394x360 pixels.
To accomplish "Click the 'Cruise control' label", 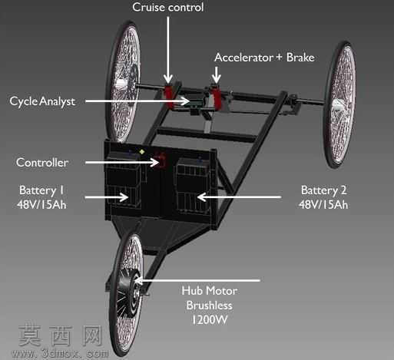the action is (168, 7).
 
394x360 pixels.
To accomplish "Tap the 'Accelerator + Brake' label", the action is (264, 58).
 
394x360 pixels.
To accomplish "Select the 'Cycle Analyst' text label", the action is (42, 101).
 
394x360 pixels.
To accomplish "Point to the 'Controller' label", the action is (42, 163).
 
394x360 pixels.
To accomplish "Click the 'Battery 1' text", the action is (41, 190).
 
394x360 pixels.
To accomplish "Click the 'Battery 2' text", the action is (323, 190).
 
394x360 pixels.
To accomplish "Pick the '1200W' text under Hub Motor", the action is (210, 320).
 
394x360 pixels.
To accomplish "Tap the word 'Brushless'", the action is (210, 306).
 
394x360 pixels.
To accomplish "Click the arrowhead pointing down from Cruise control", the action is (168, 78).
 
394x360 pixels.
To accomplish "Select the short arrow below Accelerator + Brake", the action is (217, 74).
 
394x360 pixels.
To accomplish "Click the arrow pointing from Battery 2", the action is (239, 197).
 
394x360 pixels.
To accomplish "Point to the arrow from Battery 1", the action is (107, 197).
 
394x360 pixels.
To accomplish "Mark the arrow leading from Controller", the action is (122, 162).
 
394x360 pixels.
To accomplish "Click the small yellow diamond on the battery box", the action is (141, 152).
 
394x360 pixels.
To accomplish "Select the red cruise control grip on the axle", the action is (171, 97).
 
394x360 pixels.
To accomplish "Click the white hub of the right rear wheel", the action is (339, 104).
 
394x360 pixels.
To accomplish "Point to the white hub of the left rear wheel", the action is (121, 83).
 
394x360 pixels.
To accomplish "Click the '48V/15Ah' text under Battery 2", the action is (323, 205).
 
